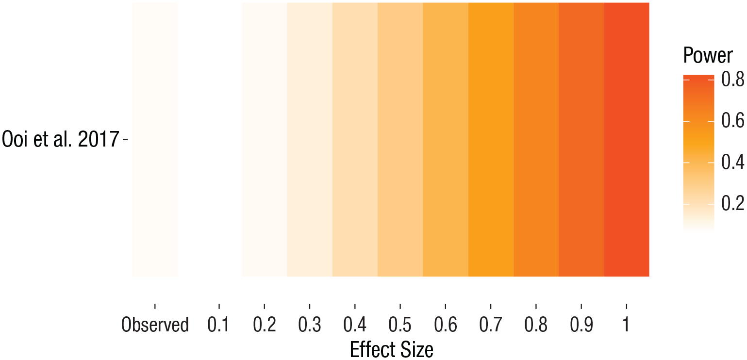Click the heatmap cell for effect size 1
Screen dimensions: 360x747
[627, 140]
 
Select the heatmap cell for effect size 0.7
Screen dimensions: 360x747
[491, 140]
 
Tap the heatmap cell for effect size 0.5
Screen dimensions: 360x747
[400, 140]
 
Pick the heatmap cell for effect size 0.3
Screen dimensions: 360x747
[309, 140]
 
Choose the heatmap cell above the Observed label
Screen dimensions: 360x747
[155, 140]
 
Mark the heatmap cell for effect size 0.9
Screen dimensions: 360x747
[581, 140]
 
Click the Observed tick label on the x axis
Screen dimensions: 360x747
[155, 325]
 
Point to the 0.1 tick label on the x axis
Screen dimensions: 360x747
[219, 325]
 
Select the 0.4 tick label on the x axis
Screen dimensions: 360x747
[355, 325]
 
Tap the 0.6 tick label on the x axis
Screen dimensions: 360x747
[445, 325]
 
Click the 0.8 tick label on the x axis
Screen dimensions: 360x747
[536, 325]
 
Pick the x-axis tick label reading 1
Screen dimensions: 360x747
[626, 325]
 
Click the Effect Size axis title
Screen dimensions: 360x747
[391, 349]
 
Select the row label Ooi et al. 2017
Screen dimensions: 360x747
[60, 140]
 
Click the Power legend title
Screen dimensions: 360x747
[708, 56]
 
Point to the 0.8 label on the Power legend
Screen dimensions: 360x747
[732, 79]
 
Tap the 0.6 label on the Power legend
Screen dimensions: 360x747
[732, 120]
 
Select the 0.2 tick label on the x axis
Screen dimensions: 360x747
[264, 325]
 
